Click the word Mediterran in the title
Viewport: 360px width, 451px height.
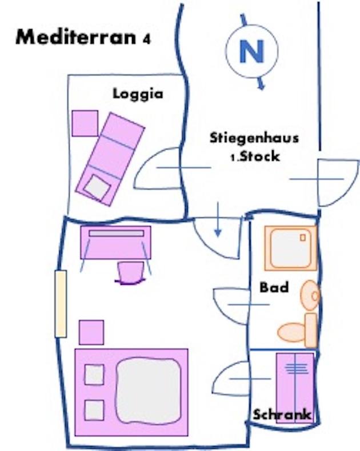(76, 37)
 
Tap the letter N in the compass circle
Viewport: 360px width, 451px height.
(252, 51)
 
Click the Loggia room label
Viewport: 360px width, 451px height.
(138, 94)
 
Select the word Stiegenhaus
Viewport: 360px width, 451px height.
(254, 138)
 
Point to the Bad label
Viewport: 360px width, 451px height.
(274, 287)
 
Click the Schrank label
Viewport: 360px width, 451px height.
(282, 415)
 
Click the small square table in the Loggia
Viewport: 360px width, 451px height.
(85, 123)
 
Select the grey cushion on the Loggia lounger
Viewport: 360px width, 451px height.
(97, 187)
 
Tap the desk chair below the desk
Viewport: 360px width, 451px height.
(131, 272)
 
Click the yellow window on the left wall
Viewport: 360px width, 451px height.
(61, 304)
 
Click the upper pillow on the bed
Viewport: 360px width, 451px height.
(94, 375)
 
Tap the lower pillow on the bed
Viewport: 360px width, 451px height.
(94, 410)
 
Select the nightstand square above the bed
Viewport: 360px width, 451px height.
(91, 332)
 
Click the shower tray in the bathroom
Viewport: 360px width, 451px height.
(291, 248)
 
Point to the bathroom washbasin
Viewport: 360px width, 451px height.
(310, 295)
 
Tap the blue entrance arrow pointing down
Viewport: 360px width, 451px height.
(218, 220)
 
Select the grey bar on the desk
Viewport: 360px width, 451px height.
(116, 233)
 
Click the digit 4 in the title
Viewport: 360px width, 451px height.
(147, 39)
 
